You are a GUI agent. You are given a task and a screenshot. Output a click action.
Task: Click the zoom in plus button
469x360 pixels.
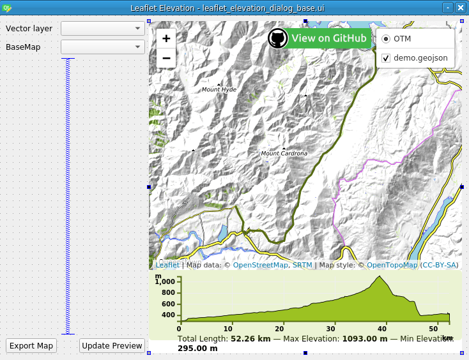pyautogui.click(x=166, y=38)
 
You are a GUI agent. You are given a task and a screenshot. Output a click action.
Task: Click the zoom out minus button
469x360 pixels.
pyautogui.click(x=166, y=57)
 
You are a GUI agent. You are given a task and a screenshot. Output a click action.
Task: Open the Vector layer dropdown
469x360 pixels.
pyautogui.click(x=103, y=29)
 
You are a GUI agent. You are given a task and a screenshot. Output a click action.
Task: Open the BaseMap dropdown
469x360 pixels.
pyautogui.click(x=103, y=47)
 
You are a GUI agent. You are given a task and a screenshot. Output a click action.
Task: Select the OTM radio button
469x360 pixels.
pyautogui.click(x=386, y=39)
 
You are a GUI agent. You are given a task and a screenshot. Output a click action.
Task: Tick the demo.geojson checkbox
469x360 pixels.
pyautogui.click(x=386, y=57)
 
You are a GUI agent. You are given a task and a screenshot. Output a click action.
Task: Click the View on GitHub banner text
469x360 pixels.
pyautogui.click(x=329, y=38)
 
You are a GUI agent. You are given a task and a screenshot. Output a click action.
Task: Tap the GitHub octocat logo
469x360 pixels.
pyautogui.click(x=277, y=38)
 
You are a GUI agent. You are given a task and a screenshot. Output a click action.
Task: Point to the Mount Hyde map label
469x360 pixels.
pyautogui.click(x=219, y=90)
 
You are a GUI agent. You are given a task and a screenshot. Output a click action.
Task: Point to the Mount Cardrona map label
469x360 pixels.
pyautogui.click(x=284, y=154)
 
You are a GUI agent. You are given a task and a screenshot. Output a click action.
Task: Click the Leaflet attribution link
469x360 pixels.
pyautogui.click(x=167, y=265)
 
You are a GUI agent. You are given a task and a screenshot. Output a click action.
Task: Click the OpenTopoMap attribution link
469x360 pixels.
pyautogui.click(x=392, y=265)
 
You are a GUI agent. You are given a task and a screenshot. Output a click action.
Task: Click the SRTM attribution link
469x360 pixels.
pyautogui.click(x=302, y=265)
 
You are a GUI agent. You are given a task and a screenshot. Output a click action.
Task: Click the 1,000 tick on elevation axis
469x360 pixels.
pyautogui.click(x=165, y=281)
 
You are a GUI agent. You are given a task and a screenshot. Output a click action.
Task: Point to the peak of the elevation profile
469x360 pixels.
pyautogui.click(x=380, y=276)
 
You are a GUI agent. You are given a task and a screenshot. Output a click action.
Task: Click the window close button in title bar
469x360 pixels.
pyautogui.click(x=461, y=8)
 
